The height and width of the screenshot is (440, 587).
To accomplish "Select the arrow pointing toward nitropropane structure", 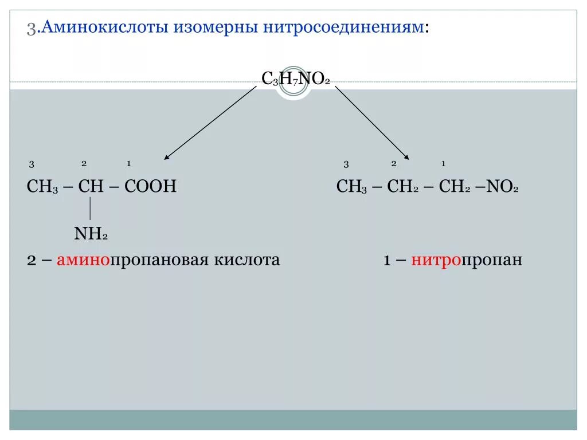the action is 372,123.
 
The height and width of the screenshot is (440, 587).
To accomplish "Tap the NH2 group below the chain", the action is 91,233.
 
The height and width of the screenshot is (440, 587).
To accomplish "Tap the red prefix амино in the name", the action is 83,260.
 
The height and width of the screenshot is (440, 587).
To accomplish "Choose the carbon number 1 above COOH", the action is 129,164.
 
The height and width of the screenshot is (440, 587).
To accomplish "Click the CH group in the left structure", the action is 91,187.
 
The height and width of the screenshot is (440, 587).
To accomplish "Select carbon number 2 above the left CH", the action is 84,164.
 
